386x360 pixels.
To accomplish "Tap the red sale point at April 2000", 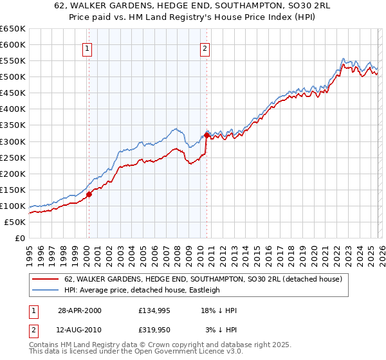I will pos(89,194).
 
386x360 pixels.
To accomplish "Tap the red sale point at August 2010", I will pos(207,135).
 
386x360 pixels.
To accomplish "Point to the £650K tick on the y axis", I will pos(13,29).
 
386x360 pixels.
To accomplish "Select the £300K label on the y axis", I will pos(13,141).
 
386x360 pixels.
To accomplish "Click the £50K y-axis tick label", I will pos(15,222).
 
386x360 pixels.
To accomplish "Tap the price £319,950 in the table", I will pos(156,330).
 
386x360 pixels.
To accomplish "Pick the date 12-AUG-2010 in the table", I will pos(78,330).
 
